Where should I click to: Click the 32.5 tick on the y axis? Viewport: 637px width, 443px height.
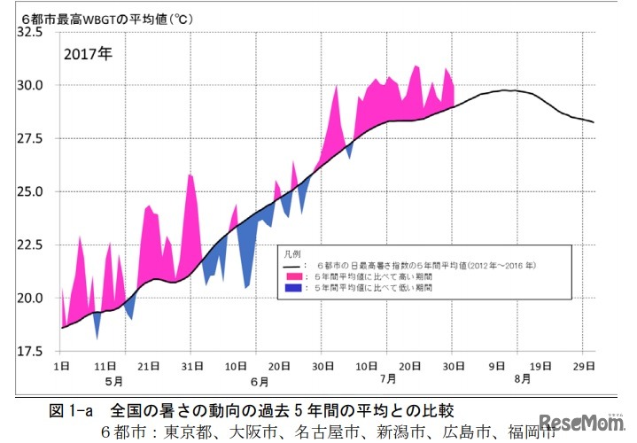click(x=29, y=33)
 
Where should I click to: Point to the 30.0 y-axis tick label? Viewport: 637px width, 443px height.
click(x=29, y=86)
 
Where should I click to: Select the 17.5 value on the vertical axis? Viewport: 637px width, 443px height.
click(x=29, y=351)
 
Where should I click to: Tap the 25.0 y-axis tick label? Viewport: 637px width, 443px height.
click(x=29, y=192)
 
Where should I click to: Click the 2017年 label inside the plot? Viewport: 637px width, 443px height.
click(x=88, y=52)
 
